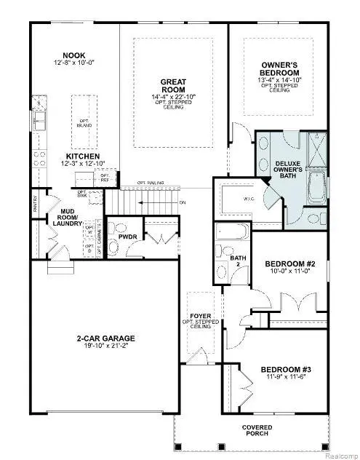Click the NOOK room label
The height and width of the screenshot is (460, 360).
pyautogui.click(x=74, y=55)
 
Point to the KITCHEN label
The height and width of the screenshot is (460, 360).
pyautogui.click(x=82, y=156)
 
